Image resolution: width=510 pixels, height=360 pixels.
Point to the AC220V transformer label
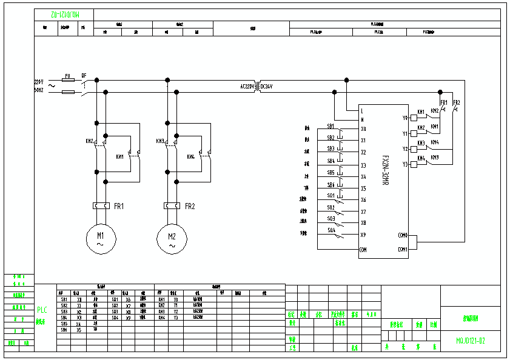coord(247,87)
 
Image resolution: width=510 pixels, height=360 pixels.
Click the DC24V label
coord(267,87)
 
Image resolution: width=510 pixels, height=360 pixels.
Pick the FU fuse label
coord(68,76)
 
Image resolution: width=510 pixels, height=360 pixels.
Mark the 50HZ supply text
coord(39,90)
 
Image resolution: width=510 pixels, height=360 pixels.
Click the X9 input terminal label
coord(363,235)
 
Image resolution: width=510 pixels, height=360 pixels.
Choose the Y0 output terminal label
coord(405,118)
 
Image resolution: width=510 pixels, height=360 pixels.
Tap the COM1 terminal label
coord(403,249)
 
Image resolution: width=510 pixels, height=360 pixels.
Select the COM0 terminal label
coord(403,235)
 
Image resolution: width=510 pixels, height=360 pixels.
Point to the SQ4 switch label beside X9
coord(331,230)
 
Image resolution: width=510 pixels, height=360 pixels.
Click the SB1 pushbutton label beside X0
coord(330,126)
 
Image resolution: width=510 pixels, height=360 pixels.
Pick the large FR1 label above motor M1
coord(119,206)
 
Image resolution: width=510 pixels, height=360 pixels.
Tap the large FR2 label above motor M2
coord(190,206)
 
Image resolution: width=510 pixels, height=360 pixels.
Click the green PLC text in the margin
coord(42,309)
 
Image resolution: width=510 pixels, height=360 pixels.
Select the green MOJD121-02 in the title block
coord(471,341)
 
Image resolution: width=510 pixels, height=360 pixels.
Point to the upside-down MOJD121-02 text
coord(63,13)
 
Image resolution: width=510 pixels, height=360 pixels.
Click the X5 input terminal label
coord(363,188)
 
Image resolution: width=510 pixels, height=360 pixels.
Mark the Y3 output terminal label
coord(405,164)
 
